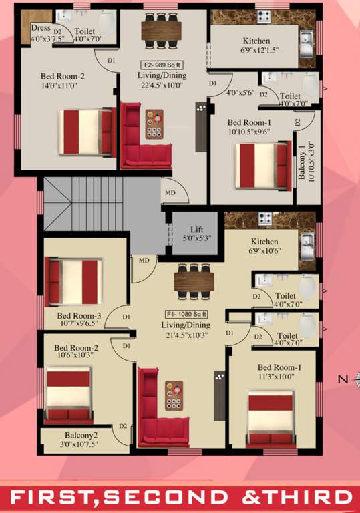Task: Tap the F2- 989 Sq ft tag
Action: click(162, 65)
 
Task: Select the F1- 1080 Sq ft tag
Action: click(186, 313)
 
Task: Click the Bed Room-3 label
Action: click(79, 316)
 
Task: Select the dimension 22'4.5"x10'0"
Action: click(162, 85)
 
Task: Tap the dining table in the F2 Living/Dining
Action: click(161, 29)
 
